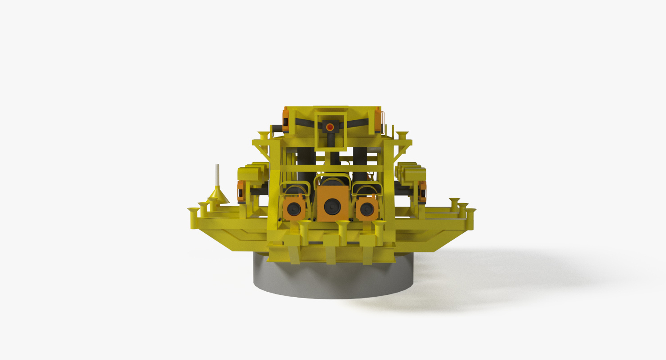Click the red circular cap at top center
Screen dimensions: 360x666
tap(330, 127)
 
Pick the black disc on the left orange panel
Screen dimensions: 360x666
tap(295, 209)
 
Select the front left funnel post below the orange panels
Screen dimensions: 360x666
tap(304, 231)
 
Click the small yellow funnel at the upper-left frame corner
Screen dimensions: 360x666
tap(264, 135)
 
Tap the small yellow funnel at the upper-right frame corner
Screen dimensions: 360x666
tap(402, 135)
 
